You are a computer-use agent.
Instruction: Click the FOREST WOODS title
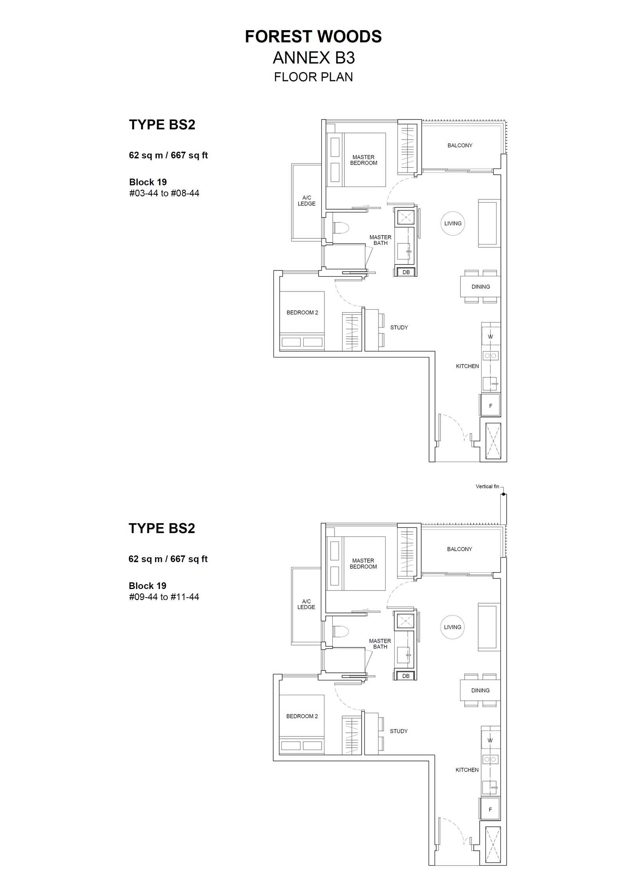click(313, 36)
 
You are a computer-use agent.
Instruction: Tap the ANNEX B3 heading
click(314, 58)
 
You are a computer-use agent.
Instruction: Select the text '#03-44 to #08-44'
click(164, 193)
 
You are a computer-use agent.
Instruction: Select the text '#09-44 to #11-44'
click(164, 597)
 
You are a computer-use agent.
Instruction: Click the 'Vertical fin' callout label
click(487, 486)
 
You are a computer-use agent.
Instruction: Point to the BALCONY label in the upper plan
click(460, 145)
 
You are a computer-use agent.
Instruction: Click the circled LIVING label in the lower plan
click(453, 627)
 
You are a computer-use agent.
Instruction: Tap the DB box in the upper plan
click(406, 272)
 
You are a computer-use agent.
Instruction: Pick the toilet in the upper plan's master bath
click(341, 228)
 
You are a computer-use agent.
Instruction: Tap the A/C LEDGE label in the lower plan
click(306, 604)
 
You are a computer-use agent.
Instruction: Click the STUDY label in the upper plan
click(399, 328)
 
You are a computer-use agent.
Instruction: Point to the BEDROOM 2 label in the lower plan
click(302, 716)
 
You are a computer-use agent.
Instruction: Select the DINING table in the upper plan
click(480, 286)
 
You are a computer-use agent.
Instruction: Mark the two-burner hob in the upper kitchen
click(490, 356)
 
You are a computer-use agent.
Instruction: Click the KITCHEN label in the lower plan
click(467, 770)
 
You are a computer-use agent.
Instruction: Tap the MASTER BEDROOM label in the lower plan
click(363, 564)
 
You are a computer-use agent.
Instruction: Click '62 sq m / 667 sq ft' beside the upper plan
click(169, 155)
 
